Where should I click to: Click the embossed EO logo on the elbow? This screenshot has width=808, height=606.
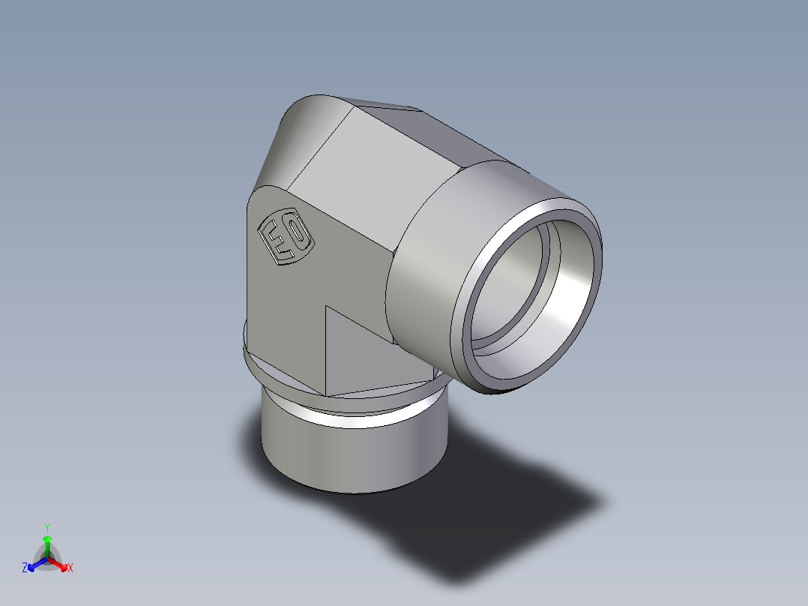coord(285,235)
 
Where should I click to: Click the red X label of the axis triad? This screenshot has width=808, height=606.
coord(70,568)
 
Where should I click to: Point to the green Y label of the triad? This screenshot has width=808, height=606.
coord(47,526)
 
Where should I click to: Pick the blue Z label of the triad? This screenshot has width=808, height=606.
coord(25,568)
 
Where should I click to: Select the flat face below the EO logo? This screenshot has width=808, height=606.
coord(285,315)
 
